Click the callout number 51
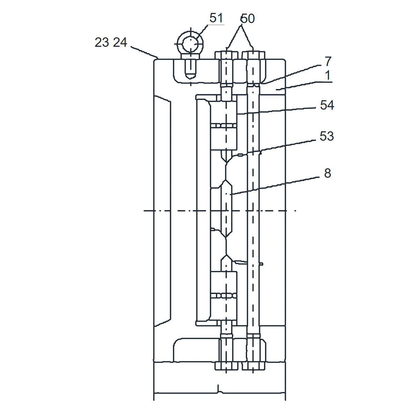[216, 18]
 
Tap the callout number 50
[248, 19]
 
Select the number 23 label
[102, 42]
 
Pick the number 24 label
[120, 42]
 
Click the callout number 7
[328, 61]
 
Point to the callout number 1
[328, 75]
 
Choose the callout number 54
[327, 105]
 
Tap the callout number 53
[326, 136]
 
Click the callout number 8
[328, 173]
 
